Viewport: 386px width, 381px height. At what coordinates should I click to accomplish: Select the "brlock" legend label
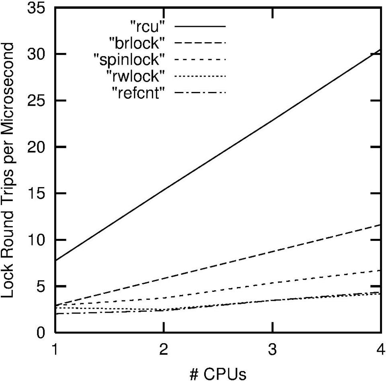(x=137, y=42)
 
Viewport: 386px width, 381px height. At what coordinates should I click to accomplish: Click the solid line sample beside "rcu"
(x=200, y=26)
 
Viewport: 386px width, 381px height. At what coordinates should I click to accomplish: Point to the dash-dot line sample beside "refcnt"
(x=200, y=93)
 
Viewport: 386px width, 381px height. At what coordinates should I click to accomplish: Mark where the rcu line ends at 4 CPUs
(x=380, y=49)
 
